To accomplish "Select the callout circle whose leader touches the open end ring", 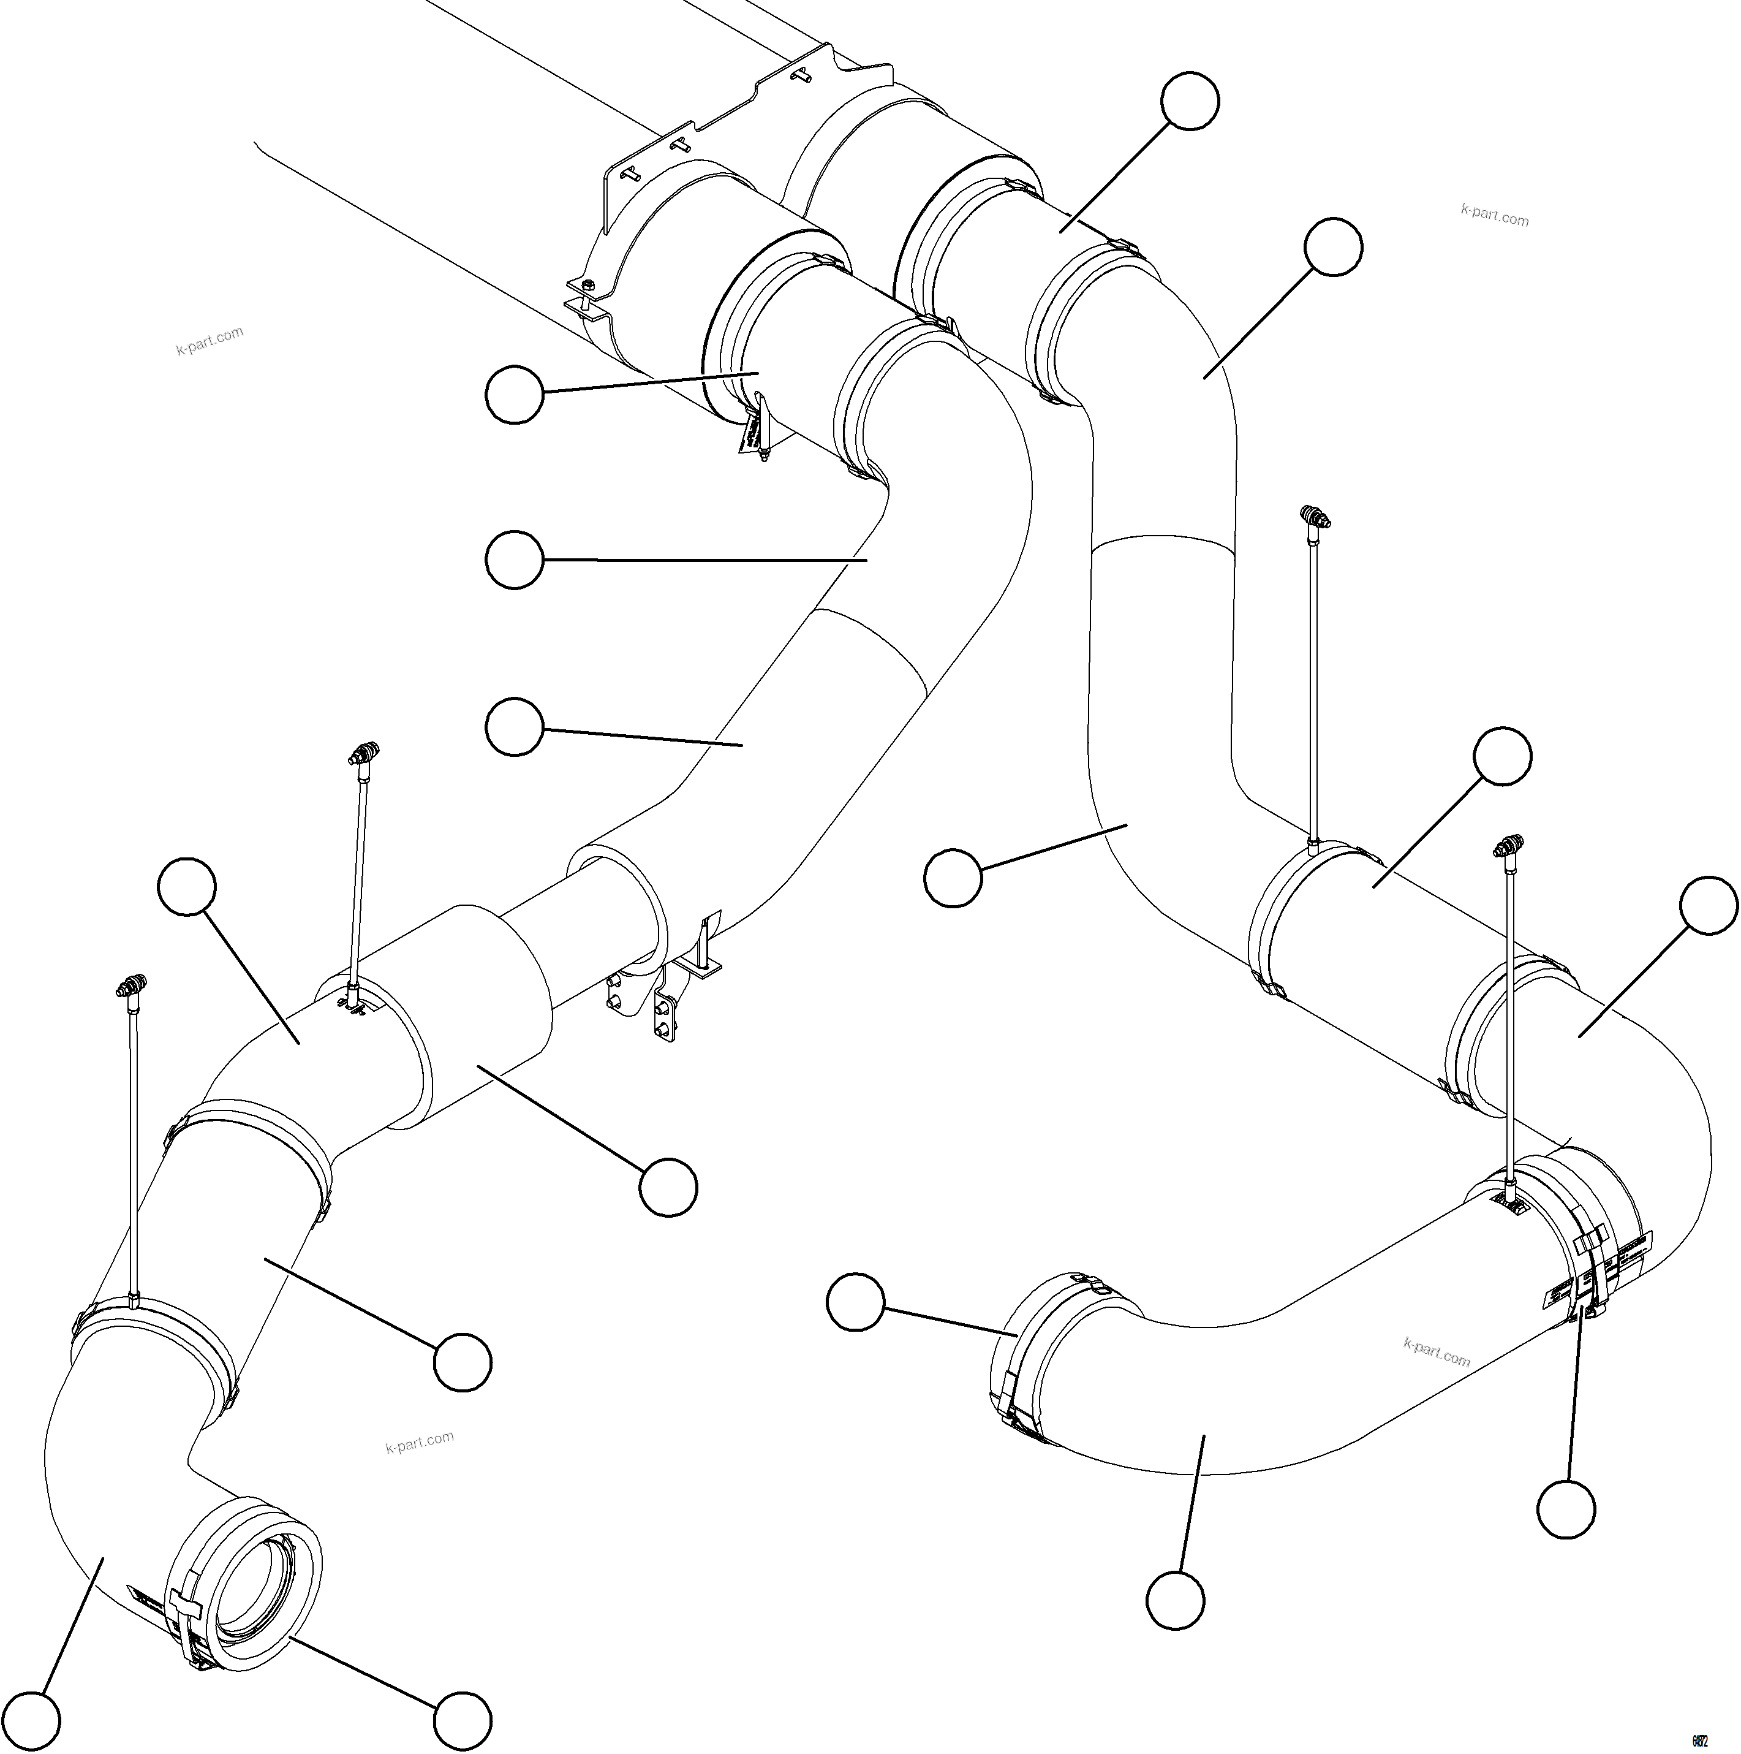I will click(462, 1720).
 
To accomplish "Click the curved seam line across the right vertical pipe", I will click(1162, 542).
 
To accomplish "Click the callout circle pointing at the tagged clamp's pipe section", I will click(514, 394).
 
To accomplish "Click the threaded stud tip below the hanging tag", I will click(767, 460).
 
